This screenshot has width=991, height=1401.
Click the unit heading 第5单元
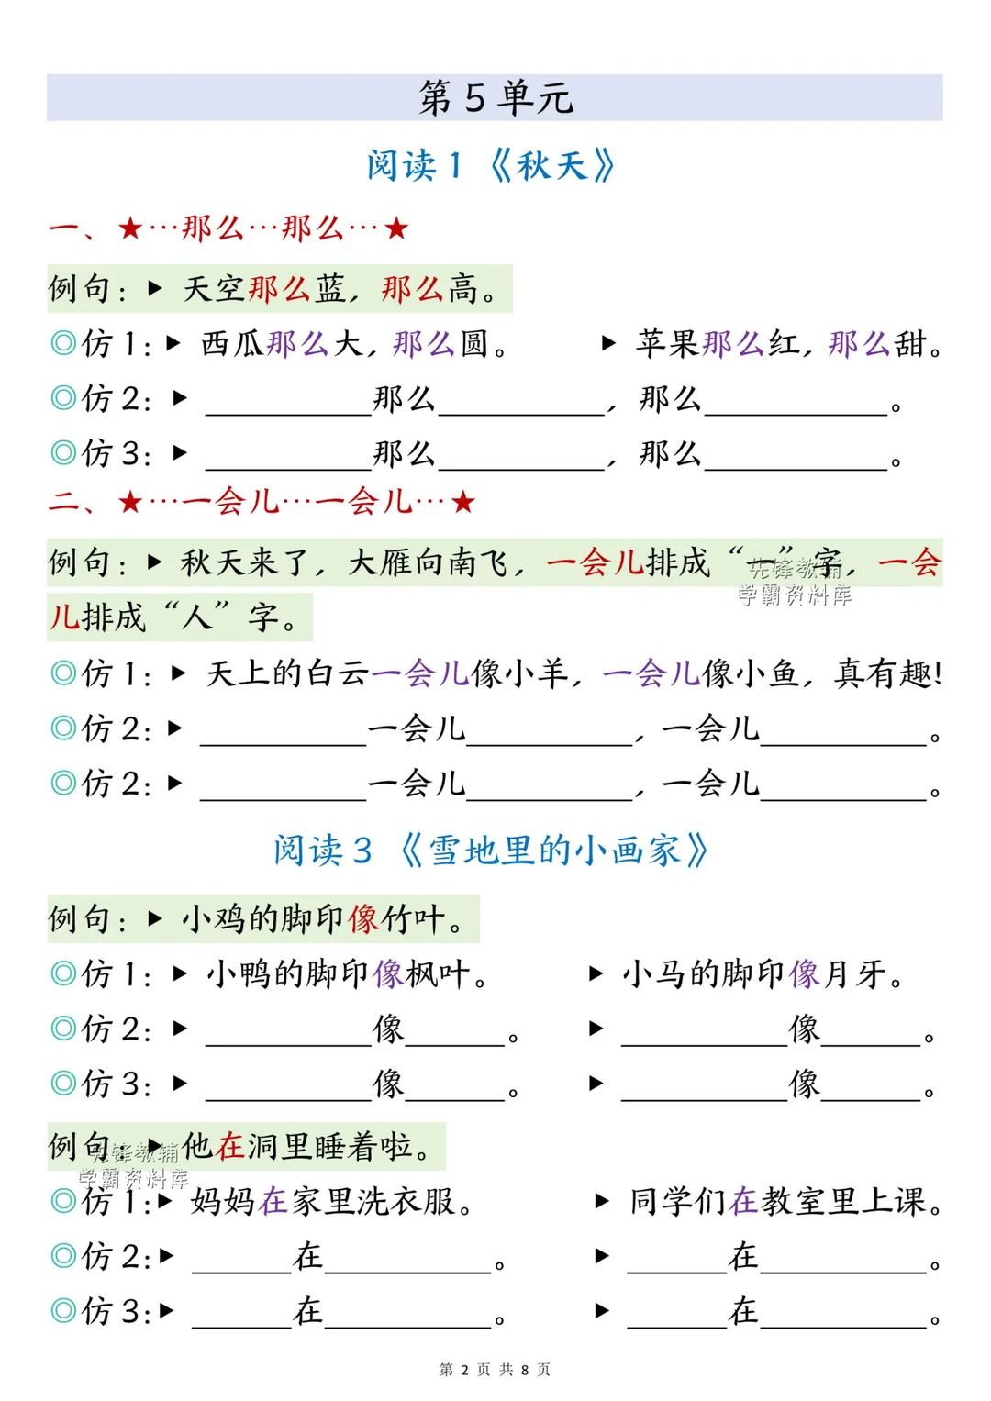point(495,97)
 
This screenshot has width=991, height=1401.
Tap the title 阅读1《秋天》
point(490,166)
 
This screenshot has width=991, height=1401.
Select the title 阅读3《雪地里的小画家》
point(490,851)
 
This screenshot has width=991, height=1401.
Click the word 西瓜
point(233,344)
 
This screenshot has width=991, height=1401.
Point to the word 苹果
point(668,344)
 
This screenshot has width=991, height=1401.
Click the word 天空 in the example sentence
point(215,289)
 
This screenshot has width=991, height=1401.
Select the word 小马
point(654,973)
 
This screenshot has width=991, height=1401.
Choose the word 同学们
point(678,1201)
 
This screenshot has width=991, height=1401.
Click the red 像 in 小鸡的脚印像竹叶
point(364,918)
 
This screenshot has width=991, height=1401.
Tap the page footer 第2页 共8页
point(495,1370)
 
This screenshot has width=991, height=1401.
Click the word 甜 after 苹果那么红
point(910,344)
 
